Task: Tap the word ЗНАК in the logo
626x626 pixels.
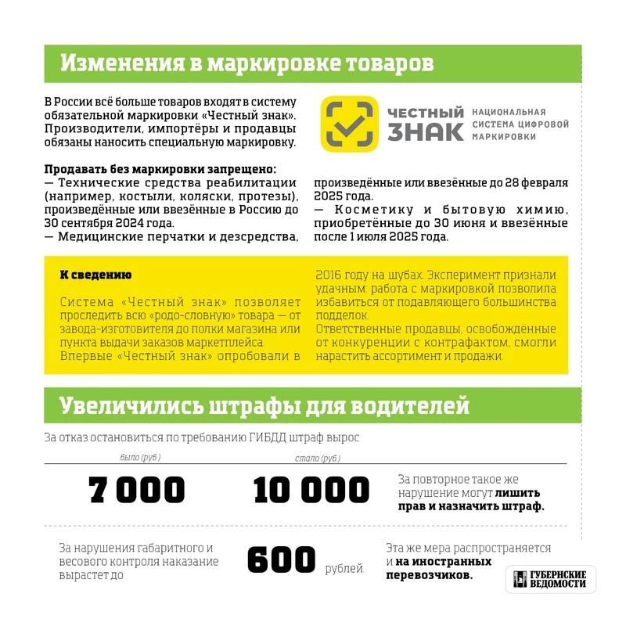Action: (x=425, y=131)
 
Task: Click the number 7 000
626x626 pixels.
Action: (x=137, y=490)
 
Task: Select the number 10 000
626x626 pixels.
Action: (x=311, y=490)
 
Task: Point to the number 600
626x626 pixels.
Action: (x=281, y=560)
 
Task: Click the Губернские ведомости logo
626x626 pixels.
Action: (x=550, y=580)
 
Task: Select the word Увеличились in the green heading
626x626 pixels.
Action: (x=130, y=406)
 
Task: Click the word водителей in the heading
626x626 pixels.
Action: (x=409, y=406)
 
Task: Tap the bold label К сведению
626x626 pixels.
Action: (x=95, y=275)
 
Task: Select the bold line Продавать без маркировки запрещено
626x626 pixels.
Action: (x=160, y=169)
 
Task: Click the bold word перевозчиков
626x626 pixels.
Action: (x=429, y=574)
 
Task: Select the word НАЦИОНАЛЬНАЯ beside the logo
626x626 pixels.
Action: (x=509, y=113)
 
